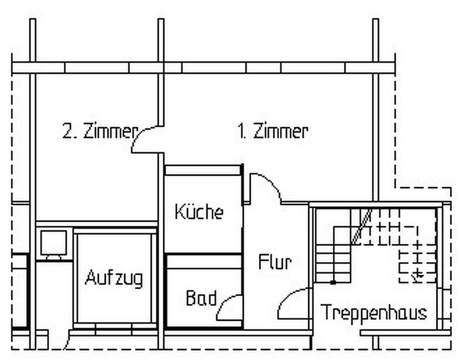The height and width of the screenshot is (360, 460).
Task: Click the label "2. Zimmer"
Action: [100, 131]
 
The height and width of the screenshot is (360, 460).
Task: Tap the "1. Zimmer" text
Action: [273, 131]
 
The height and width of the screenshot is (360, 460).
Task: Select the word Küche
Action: [199, 211]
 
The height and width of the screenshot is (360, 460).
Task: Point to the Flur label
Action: [275, 262]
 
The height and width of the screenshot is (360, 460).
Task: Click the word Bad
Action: [201, 298]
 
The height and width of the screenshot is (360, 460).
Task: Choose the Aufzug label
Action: [114, 278]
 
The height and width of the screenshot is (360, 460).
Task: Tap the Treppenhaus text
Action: [374, 312]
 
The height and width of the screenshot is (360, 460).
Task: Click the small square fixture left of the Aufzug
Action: [53, 243]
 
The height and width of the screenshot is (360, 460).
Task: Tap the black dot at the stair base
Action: [333, 283]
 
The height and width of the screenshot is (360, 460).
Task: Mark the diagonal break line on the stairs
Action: [362, 226]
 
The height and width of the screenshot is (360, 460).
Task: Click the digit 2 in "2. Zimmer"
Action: [67, 131]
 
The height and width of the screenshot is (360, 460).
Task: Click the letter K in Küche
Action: [179, 211]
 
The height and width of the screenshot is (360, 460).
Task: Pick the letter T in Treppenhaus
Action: [326, 312]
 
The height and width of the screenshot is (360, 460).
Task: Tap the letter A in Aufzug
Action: [91, 277]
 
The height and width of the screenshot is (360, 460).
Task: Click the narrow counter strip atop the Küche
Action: [203, 170]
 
